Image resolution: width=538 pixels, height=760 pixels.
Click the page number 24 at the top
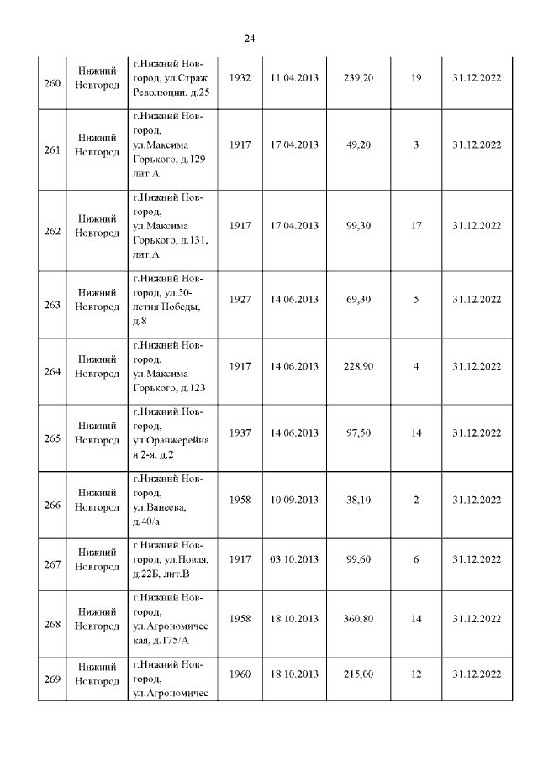(x=250, y=39)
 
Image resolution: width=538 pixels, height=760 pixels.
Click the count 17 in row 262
(x=416, y=225)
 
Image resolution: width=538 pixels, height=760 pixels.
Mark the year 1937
(x=240, y=433)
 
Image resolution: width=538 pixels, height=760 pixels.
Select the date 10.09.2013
(x=294, y=501)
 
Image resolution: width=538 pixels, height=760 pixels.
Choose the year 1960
(x=240, y=674)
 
